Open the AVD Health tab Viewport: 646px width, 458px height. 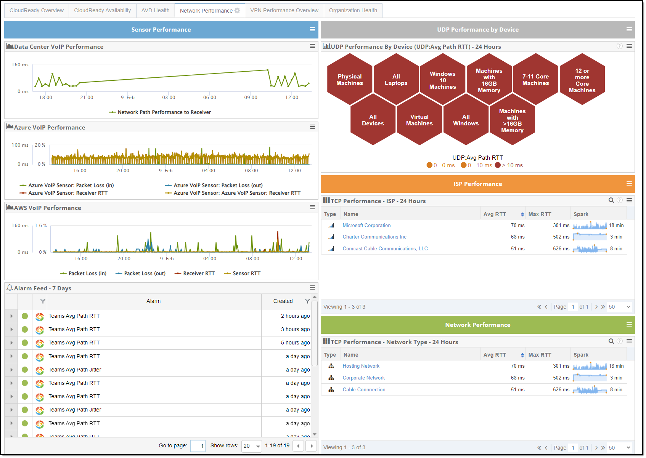pos(155,10)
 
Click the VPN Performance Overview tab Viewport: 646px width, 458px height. pos(284,10)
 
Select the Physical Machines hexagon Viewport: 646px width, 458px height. pos(349,80)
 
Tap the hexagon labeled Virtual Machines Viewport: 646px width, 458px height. pos(419,120)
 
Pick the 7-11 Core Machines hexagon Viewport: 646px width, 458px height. pos(535,80)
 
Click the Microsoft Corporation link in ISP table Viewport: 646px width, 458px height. pos(366,225)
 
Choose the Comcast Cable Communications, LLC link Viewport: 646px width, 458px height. pos(385,248)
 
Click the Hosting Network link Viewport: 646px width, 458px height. pos(361,366)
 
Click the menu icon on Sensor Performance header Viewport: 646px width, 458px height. pos(312,29)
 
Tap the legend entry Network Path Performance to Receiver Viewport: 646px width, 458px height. pos(164,112)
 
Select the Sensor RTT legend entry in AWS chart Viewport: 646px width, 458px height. pos(246,273)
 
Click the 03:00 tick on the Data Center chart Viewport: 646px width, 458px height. pos(169,98)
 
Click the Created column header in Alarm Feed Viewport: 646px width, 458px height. pos(283,301)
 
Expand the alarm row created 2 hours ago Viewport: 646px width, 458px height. pos(11,316)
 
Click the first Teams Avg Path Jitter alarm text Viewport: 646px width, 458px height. pos(75,370)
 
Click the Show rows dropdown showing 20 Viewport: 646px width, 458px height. pos(251,446)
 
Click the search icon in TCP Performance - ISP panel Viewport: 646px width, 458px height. pos(611,200)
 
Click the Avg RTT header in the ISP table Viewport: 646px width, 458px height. pos(495,214)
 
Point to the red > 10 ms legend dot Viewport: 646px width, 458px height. pos(498,165)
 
